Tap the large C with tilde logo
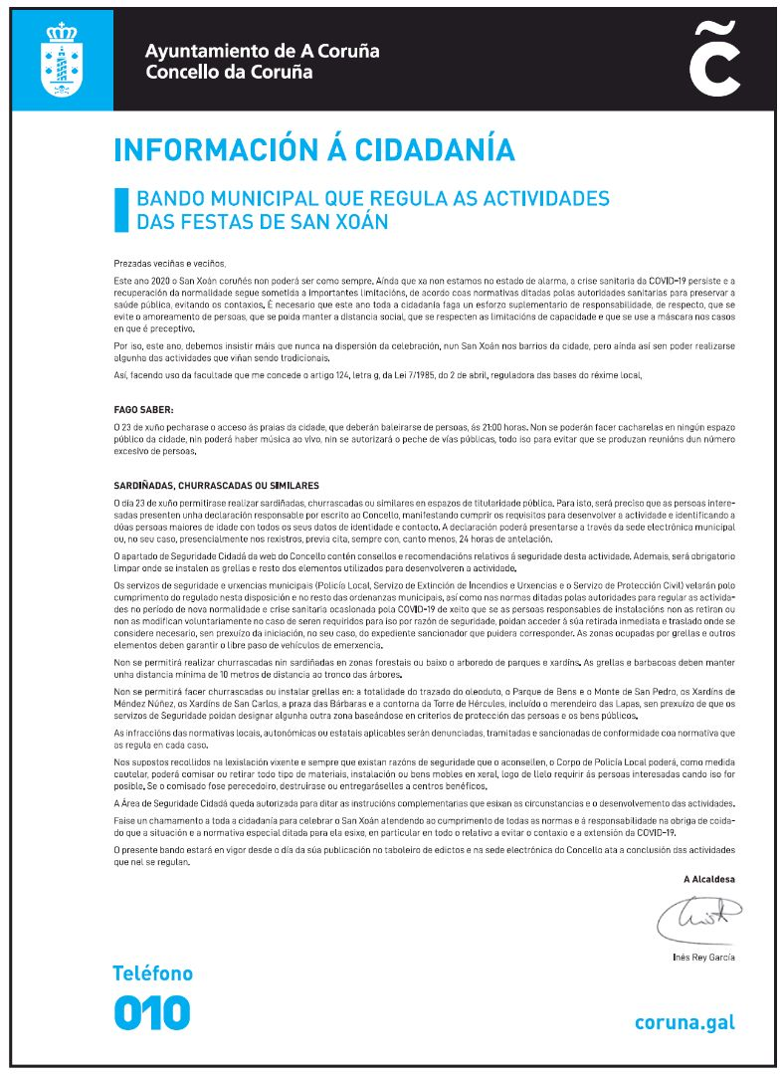tap(714, 62)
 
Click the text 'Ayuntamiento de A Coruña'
tap(262, 51)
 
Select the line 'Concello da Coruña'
tap(229, 72)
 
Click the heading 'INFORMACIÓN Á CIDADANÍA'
tap(314, 149)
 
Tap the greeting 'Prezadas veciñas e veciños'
tap(170, 264)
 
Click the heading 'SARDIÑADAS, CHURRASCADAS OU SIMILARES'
tap(216, 485)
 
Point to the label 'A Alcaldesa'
tap(709, 879)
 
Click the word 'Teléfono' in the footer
tap(152, 973)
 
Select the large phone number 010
tap(151, 1012)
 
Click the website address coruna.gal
tap(685, 1022)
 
